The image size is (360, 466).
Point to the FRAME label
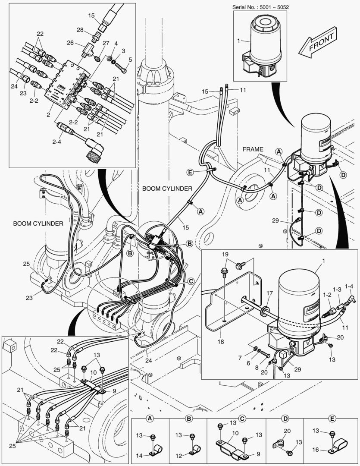tap(252, 149)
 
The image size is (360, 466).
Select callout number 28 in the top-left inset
tap(80, 30)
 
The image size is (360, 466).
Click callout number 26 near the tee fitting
tap(70, 43)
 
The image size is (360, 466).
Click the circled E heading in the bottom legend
tap(331, 419)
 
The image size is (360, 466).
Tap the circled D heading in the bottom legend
tap(285, 419)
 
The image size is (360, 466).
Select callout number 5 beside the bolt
tap(130, 59)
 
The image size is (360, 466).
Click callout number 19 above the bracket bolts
tap(225, 255)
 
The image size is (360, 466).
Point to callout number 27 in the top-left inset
tap(106, 43)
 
